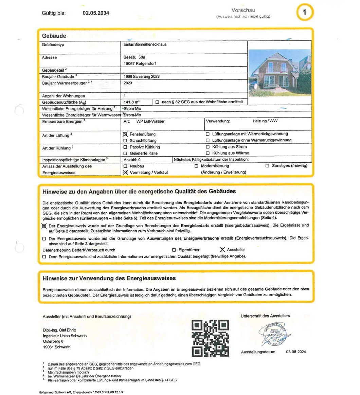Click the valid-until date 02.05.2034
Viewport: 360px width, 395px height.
[96, 13]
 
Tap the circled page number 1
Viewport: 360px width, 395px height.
[304, 13]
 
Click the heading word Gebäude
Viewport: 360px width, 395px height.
[54, 36]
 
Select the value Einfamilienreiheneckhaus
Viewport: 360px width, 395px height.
[145, 44]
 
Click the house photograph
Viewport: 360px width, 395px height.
[280, 72]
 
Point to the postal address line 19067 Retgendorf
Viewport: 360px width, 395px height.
[140, 64]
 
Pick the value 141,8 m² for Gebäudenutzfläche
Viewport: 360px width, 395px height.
[132, 102]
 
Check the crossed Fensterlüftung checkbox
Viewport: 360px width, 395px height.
[125, 134]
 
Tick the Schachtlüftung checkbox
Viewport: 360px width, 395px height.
[125, 141]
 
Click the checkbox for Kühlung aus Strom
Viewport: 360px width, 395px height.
[208, 147]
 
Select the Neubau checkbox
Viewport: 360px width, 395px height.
[125, 166]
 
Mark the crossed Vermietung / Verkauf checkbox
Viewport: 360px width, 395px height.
[125, 172]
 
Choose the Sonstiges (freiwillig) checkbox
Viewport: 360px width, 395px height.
[267, 166]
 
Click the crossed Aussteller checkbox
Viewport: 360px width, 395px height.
[222, 250]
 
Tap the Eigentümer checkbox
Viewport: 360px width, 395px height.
[174, 250]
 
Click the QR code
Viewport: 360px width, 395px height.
[210, 338]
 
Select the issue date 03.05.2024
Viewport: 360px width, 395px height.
[296, 352]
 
